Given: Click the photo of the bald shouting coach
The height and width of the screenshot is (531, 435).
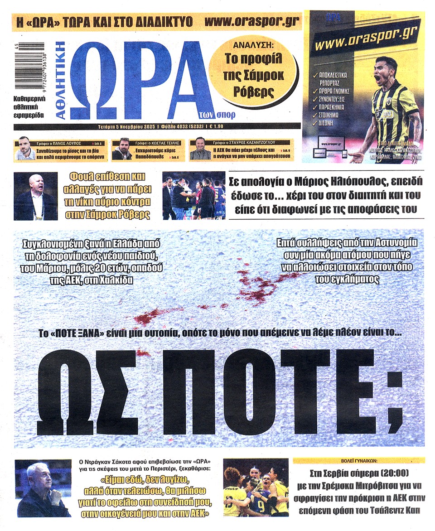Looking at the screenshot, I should pos(35,196).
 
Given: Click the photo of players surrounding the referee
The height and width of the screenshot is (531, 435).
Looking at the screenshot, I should pos(193,196).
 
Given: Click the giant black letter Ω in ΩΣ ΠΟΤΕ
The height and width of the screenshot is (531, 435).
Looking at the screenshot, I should pos(67,392).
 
